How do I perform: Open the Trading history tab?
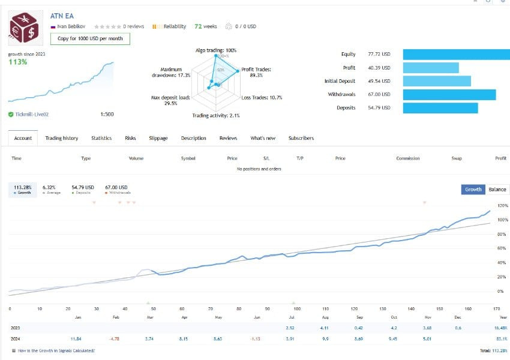pos(62,138)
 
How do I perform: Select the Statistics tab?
pos(101,138)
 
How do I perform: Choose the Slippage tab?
pos(158,138)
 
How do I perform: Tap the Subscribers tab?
pos(301,138)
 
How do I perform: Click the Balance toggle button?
pos(497,189)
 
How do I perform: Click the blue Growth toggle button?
pos(473,189)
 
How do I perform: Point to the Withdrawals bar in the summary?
pos(449,95)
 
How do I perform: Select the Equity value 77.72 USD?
pos(379,54)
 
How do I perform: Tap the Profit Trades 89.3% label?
pos(256,73)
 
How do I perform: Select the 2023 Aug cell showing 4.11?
pos(325,328)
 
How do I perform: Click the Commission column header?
pos(408,158)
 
